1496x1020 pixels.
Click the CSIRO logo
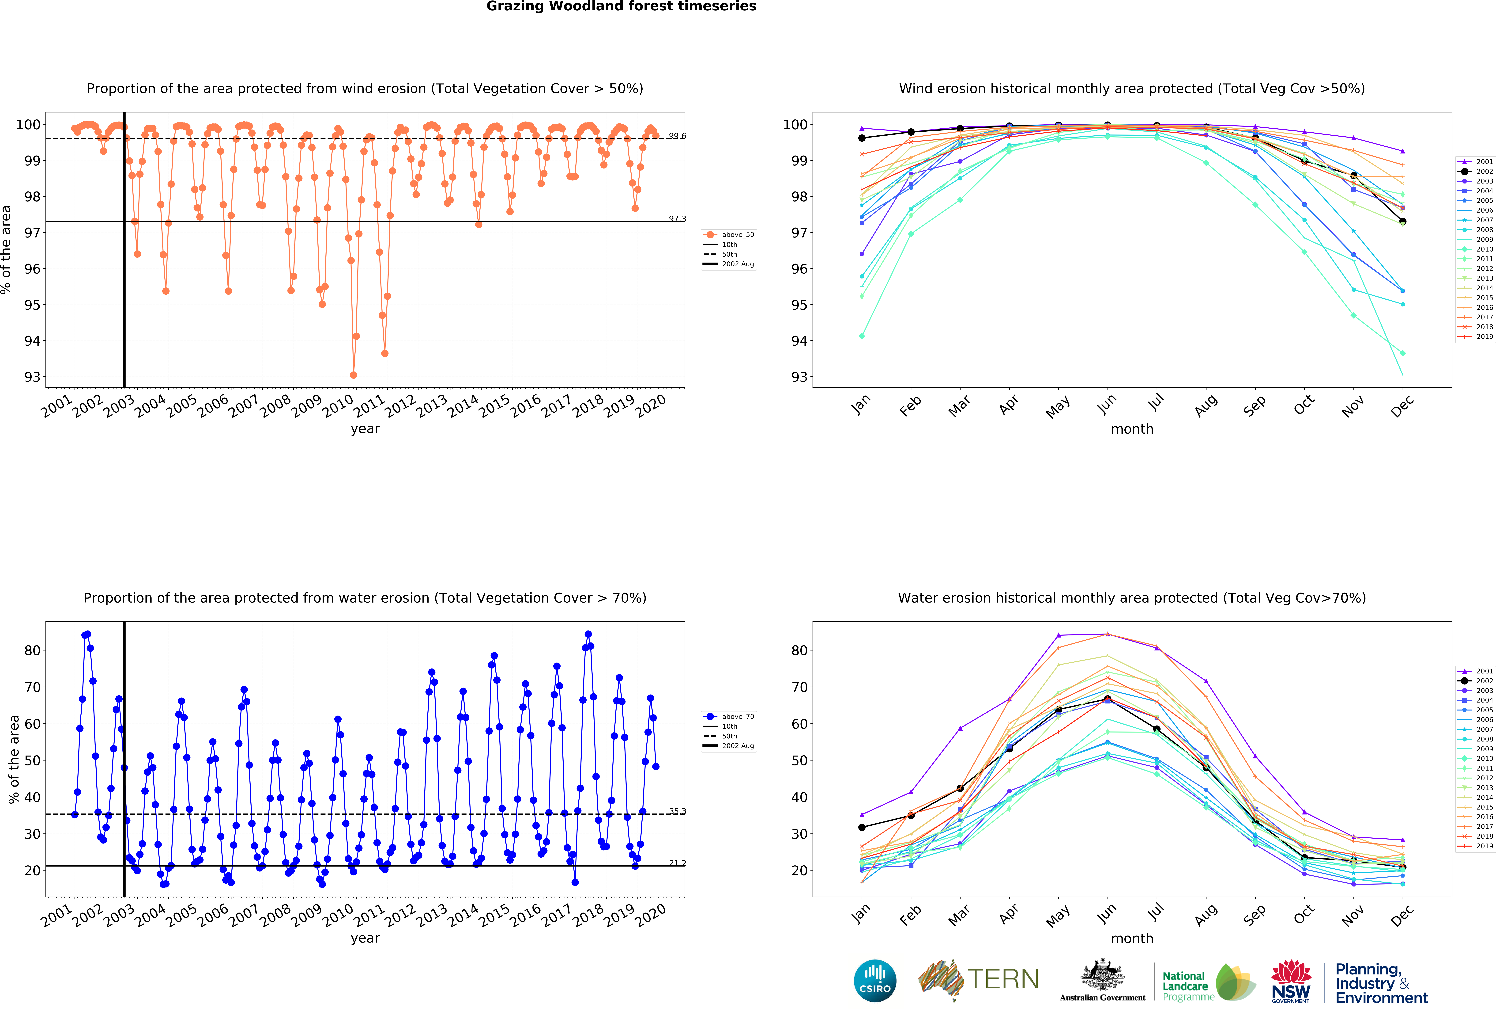click(x=875, y=981)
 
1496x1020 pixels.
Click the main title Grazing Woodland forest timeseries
click(x=621, y=6)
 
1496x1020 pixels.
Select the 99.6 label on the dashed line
click(x=677, y=136)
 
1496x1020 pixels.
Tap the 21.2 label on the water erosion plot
click(x=677, y=863)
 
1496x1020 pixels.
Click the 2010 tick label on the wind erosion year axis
click(x=337, y=406)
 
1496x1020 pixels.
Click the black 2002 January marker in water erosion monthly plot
click(x=862, y=827)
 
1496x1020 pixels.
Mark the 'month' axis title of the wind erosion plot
click(x=1132, y=429)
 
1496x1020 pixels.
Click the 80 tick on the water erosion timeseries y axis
click(x=32, y=650)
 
